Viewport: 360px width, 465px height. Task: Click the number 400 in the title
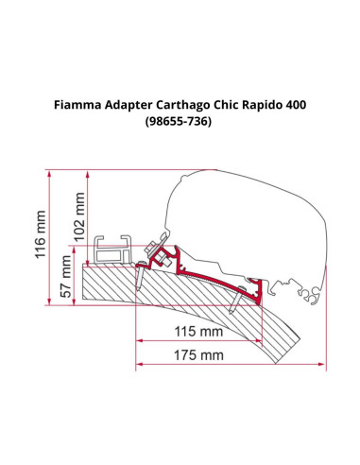click(x=321, y=107)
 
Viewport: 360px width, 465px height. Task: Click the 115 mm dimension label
click(x=198, y=332)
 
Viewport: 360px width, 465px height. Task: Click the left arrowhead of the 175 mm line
click(x=141, y=365)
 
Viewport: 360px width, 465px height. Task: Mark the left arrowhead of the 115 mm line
click(x=141, y=341)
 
